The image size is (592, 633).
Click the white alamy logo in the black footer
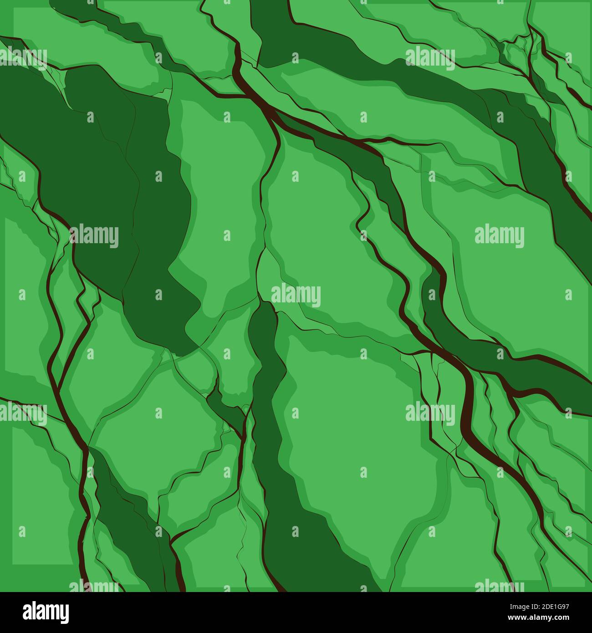[x=46, y=611]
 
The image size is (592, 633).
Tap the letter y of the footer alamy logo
[x=64, y=613]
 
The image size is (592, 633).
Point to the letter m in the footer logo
[x=51, y=611]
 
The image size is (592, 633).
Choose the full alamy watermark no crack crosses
[x=499, y=236]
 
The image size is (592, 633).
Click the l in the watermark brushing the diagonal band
[x=416, y=57]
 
